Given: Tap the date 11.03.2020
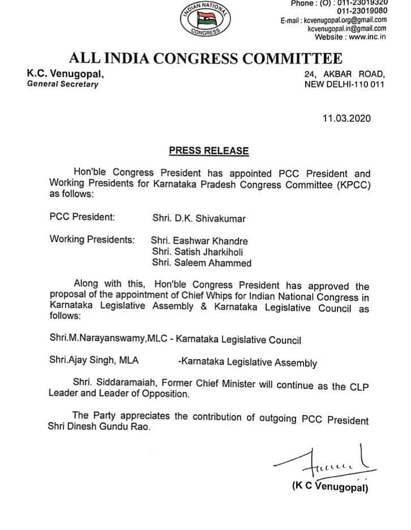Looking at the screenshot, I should pos(345,118).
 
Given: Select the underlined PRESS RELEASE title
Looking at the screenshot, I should pos(209,151).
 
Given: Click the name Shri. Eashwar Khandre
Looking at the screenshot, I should pos(191,240).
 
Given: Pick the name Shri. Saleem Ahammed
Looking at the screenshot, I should pos(194,263).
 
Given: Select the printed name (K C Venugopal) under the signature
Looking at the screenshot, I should pos(330,487).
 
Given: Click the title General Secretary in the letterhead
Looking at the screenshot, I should pos(63,84).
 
